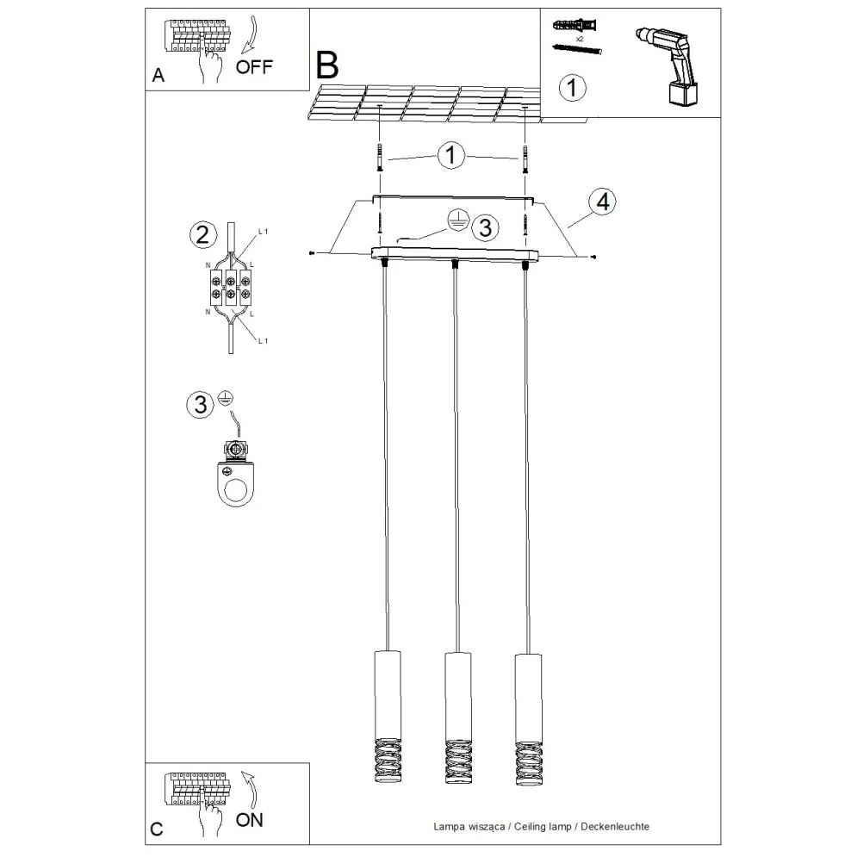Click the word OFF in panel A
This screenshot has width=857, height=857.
[255, 68]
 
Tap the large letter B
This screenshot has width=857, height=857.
[327, 65]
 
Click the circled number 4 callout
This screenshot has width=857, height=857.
[601, 202]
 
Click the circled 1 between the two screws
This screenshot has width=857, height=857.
[450, 156]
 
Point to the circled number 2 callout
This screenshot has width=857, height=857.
[202, 234]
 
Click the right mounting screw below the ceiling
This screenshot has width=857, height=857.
[524, 158]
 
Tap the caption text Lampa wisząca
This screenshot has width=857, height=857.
[470, 825]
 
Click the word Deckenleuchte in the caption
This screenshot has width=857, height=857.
[615, 825]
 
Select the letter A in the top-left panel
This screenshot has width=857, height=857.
[158, 76]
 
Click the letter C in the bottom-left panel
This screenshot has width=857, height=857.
[156, 829]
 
